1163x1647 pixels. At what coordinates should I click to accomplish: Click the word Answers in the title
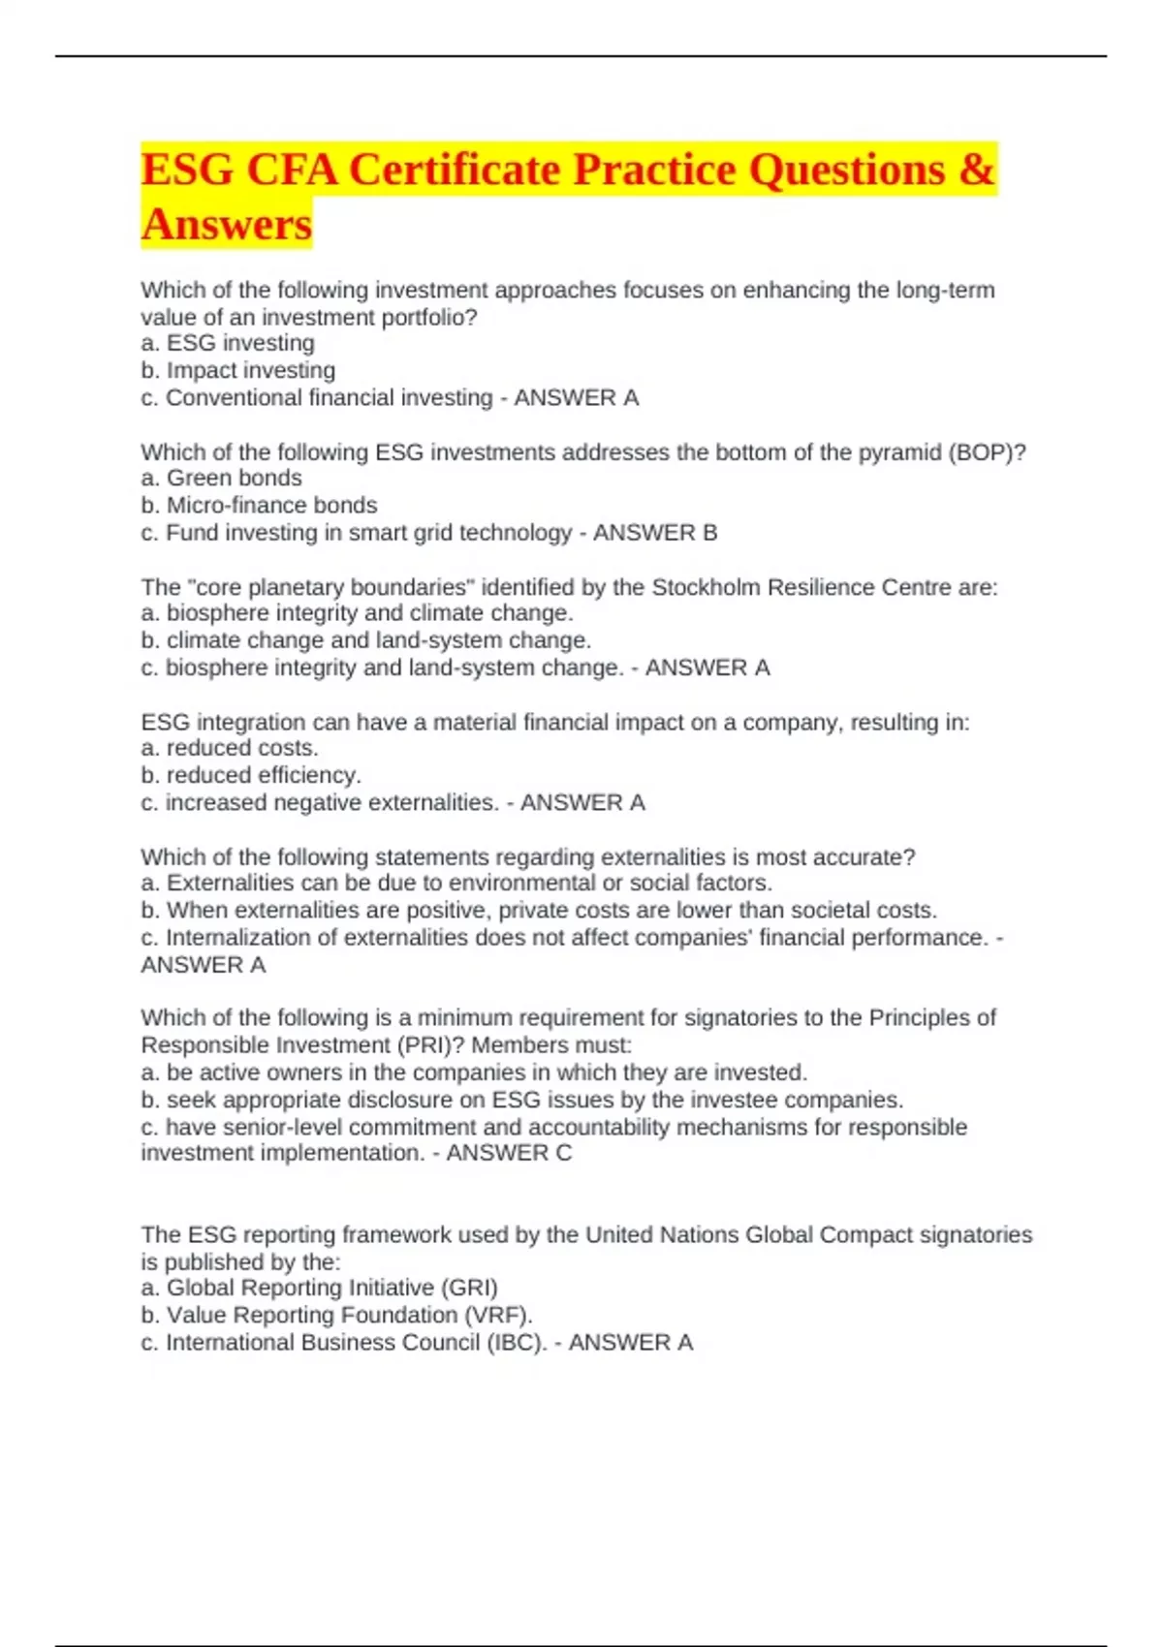227,224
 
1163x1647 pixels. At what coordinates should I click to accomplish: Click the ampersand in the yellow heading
977,171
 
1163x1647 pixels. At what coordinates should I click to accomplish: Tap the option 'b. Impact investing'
238,370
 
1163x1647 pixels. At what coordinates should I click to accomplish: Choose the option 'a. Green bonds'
221,478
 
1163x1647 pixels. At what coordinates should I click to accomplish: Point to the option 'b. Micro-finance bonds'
259,505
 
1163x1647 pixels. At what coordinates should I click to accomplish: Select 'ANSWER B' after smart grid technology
655,533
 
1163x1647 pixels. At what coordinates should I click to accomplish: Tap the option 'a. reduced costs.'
230,748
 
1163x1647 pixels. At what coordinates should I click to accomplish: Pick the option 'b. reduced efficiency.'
251,775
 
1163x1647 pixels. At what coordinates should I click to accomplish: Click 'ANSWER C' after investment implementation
509,1153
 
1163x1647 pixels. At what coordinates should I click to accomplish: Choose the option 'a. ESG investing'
228,343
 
